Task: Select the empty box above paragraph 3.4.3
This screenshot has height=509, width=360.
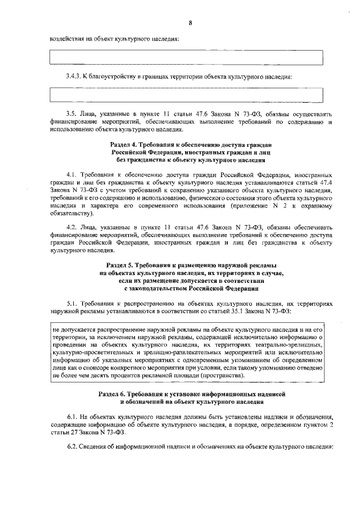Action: pos(187,58)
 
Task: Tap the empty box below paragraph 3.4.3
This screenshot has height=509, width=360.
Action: pos(187,94)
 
